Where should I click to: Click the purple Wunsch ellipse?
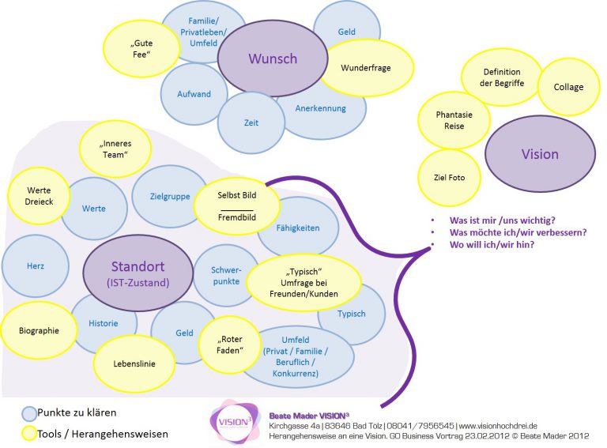coord(273,58)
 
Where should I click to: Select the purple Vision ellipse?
coord(540,154)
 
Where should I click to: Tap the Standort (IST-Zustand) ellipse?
coord(138,273)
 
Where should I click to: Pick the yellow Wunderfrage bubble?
coord(367,68)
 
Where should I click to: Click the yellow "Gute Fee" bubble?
coord(141,49)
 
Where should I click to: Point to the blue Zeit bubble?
coord(251,122)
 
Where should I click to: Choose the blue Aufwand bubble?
coord(194,94)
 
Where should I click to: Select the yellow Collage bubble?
coord(568,87)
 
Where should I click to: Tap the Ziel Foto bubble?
coord(450,178)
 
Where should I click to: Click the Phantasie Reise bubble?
coord(454,120)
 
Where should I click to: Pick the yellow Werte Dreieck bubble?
coord(39,196)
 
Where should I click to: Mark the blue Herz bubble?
coord(36,266)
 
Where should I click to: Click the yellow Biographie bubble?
coord(39,331)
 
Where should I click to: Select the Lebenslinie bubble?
coord(134,363)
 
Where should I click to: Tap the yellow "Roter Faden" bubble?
coord(230,344)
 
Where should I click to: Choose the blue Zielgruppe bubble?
coord(170,197)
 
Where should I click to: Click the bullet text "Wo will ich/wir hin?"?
coord(492,245)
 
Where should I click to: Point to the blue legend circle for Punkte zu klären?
coord(29,413)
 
